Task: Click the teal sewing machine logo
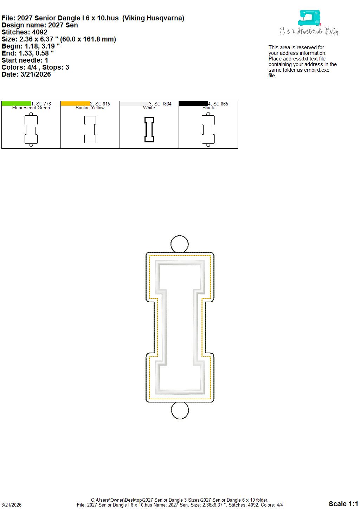(309, 18)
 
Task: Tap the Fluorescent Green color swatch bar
(16, 103)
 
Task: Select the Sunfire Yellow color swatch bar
(76, 103)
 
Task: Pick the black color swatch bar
(193, 103)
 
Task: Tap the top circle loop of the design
(180, 236)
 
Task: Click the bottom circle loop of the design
(180, 419)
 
